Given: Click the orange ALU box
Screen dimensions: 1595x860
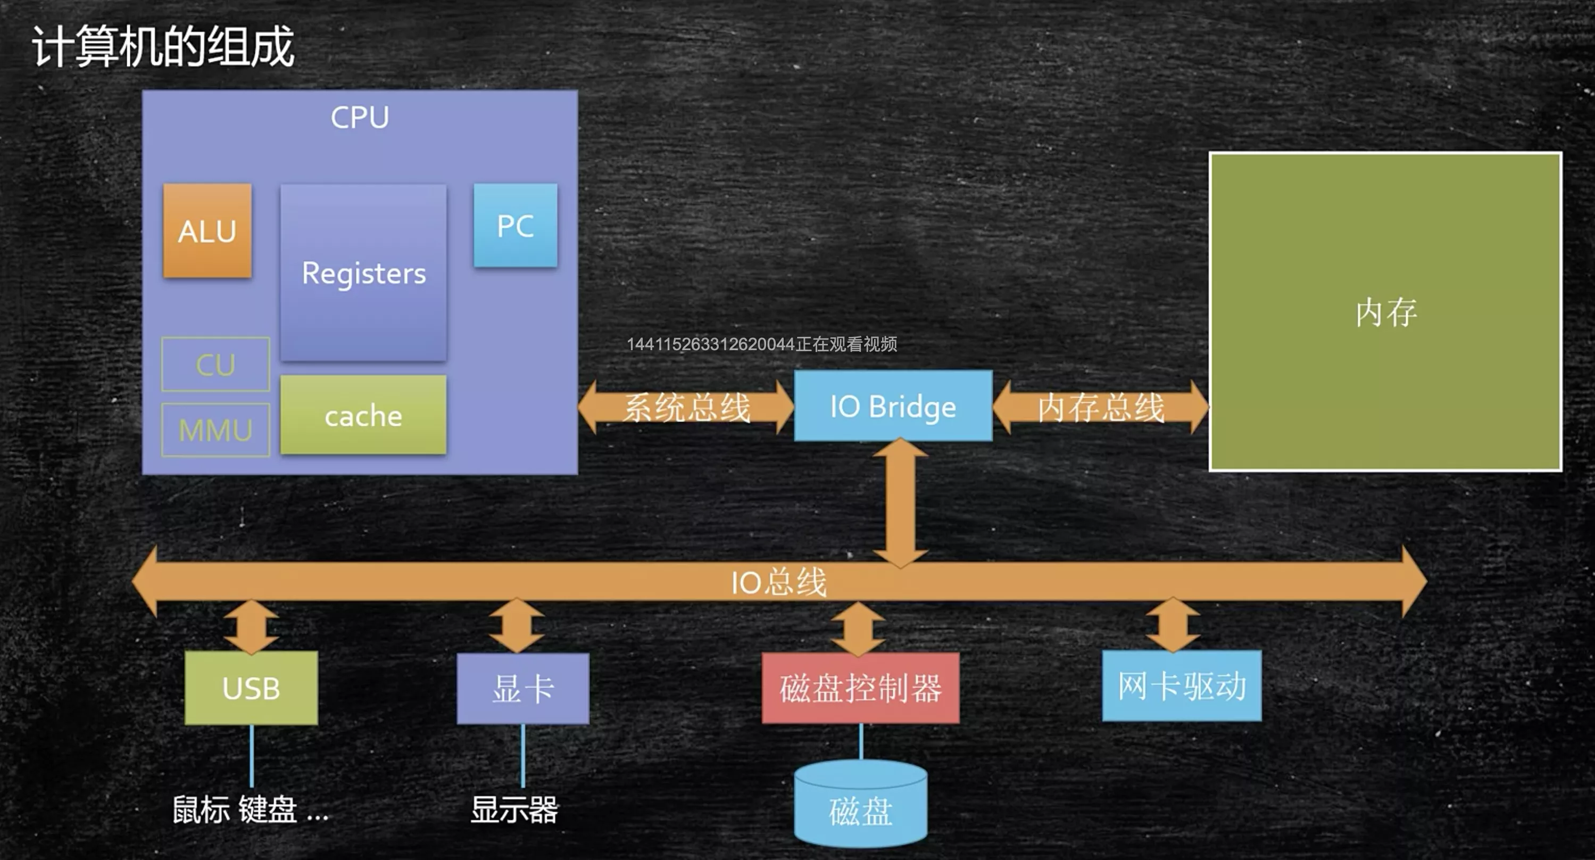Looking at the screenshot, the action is point(207,230).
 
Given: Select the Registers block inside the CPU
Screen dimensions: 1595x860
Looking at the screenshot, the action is point(363,272).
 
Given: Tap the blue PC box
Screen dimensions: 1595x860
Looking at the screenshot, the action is point(515,225).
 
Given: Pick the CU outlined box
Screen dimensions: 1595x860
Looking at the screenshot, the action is point(215,364).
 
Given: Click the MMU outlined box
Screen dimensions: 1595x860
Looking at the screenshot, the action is point(215,429).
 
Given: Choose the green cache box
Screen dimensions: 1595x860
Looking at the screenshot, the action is point(363,415).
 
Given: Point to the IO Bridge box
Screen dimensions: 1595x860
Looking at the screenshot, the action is point(893,406).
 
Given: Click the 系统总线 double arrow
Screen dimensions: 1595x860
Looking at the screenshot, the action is point(686,407).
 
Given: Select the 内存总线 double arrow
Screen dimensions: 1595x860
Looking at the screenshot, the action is point(1101,407).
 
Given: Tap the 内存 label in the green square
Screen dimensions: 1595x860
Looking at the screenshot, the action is point(1386,312).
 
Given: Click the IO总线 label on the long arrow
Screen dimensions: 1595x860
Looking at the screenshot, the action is point(778,582).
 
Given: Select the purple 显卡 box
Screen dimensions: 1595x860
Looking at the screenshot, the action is point(523,689).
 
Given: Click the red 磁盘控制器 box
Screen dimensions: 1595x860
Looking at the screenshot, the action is point(861,688).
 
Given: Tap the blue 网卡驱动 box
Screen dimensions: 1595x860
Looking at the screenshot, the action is point(1182,685).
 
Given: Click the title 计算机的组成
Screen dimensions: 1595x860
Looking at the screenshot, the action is point(163,46).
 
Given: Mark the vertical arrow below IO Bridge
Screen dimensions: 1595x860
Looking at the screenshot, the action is point(900,503).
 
